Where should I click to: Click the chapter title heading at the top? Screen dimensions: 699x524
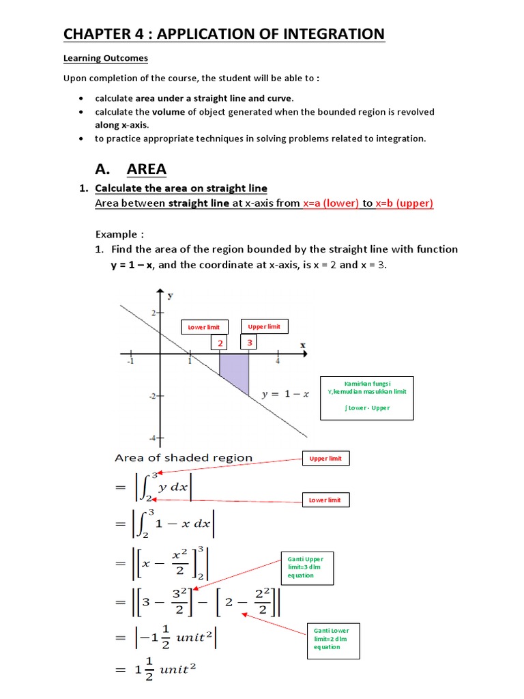(x=224, y=33)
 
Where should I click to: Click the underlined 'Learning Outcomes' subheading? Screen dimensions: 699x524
(x=105, y=58)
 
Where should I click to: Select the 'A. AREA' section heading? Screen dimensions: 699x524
(x=130, y=169)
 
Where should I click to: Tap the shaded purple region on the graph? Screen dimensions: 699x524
(x=234, y=371)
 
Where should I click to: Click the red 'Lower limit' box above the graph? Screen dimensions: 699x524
(x=203, y=328)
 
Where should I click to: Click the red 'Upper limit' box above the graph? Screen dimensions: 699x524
(x=264, y=327)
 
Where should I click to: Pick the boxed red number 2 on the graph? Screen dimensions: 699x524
(x=220, y=343)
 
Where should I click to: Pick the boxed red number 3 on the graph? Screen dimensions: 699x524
(x=250, y=343)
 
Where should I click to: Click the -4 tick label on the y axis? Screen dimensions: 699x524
(x=153, y=437)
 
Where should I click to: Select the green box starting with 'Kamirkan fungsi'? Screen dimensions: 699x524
(x=366, y=398)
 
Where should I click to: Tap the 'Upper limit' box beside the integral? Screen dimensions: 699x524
(x=325, y=459)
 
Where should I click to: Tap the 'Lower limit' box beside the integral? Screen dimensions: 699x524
(x=325, y=500)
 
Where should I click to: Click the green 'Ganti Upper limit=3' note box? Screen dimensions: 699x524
(x=306, y=567)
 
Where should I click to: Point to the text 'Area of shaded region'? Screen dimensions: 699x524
(x=184, y=458)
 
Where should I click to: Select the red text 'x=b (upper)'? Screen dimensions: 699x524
(x=403, y=203)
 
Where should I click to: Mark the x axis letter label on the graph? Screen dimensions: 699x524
(x=302, y=345)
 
